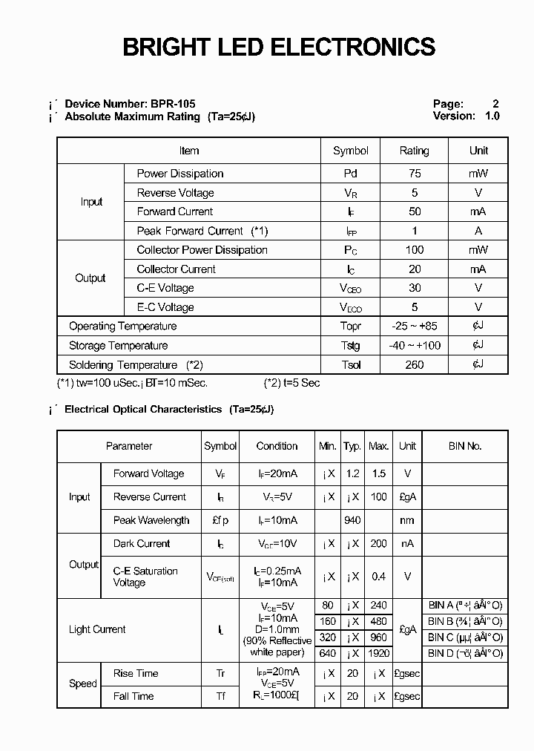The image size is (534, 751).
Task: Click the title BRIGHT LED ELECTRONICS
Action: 278,47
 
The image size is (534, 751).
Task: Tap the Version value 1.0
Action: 492,116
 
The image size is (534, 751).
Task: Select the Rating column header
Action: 414,151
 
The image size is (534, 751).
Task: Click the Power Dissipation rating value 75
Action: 414,174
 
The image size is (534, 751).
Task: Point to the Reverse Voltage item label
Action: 175,193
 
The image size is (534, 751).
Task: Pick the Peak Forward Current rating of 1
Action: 414,231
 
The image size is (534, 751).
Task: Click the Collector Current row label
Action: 176,269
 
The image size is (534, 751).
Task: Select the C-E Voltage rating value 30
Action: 414,288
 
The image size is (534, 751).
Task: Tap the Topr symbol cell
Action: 350,327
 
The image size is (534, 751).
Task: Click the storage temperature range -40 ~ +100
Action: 414,346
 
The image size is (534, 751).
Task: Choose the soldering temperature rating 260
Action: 414,365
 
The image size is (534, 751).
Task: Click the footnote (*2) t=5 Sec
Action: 291,383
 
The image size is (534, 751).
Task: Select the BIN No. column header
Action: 465,446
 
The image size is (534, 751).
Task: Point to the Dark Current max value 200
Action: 378,544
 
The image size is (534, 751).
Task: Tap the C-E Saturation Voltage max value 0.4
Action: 378,577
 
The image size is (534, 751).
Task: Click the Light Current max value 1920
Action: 378,654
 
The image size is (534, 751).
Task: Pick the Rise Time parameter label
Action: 136,673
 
